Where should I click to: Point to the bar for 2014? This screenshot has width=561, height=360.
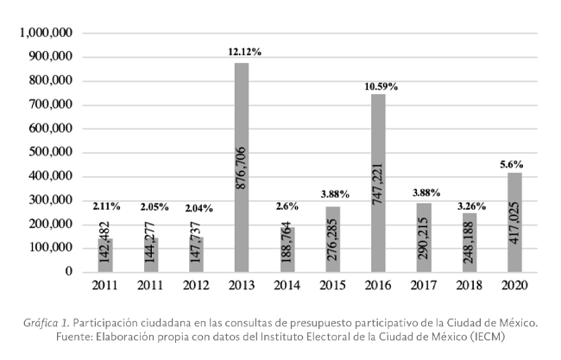(x=287, y=249)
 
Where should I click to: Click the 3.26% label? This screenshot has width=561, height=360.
(x=470, y=206)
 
